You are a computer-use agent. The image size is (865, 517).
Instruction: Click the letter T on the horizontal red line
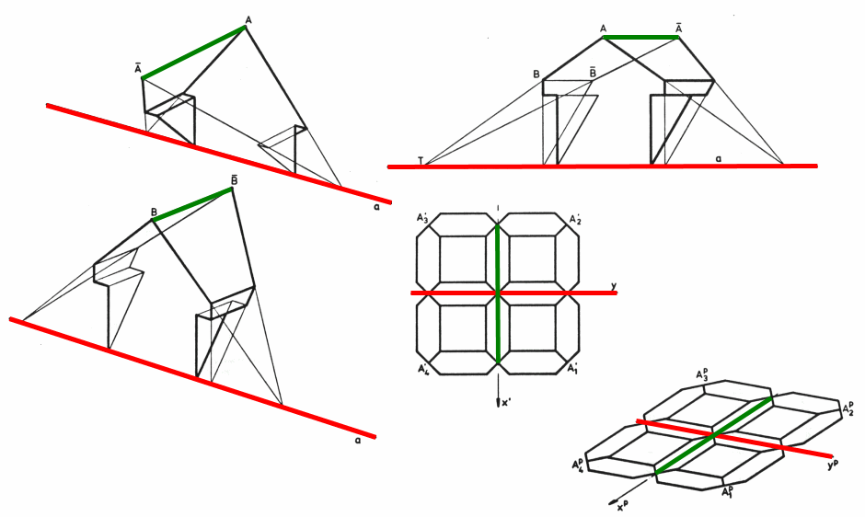[x=421, y=161]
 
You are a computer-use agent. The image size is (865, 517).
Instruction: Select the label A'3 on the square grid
[x=422, y=219]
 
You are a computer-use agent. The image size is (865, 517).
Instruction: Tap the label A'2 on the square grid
[x=574, y=219]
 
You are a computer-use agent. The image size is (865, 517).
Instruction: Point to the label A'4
[x=422, y=370]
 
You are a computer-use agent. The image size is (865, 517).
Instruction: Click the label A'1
[x=574, y=370]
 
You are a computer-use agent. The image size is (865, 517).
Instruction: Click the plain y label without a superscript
[x=613, y=286]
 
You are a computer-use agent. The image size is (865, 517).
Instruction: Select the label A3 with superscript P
[x=702, y=375]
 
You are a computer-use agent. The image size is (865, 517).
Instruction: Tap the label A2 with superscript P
[x=848, y=407]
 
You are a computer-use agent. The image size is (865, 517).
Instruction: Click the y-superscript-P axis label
[x=833, y=465]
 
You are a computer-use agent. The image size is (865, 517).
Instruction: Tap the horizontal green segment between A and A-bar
[x=641, y=38]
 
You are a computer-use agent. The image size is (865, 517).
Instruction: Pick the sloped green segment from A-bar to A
[x=193, y=52]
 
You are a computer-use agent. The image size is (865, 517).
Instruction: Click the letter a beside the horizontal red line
[x=719, y=158]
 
